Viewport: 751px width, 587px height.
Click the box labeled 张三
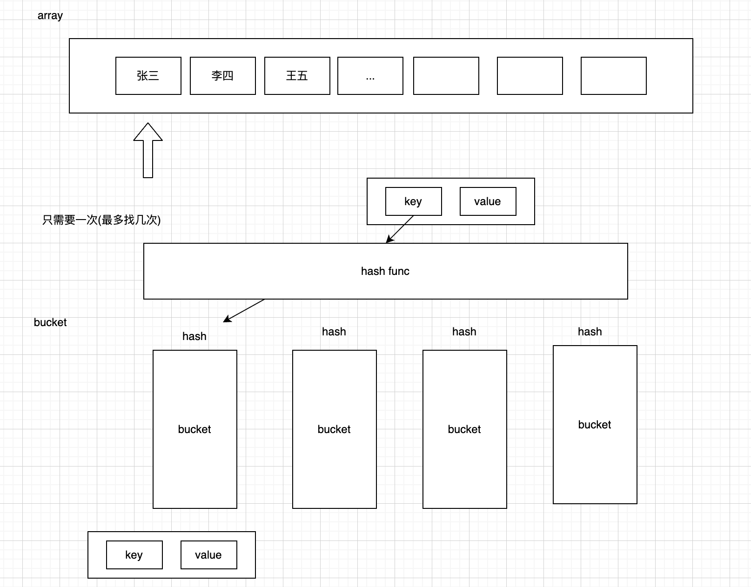click(x=148, y=76)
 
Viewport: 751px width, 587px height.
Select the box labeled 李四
click(x=222, y=76)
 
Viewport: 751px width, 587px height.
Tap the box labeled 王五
click(x=297, y=76)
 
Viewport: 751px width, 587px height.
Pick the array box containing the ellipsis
click(x=370, y=76)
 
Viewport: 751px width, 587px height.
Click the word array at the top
click(x=50, y=15)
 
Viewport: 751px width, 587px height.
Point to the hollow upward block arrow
click(x=148, y=150)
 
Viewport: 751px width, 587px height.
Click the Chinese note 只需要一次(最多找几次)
click(x=101, y=220)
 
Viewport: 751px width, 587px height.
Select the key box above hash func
click(x=413, y=201)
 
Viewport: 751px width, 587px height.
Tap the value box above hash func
click(x=488, y=201)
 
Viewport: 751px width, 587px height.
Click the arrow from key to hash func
click(x=400, y=229)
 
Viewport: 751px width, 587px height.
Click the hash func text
click(x=385, y=271)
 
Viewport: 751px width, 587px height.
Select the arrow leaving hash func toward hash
click(x=244, y=310)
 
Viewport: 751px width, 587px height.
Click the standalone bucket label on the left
click(x=50, y=322)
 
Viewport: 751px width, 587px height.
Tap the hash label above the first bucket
click(x=194, y=336)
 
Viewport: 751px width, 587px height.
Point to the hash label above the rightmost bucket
click(x=590, y=332)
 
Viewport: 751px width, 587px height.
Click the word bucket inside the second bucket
click(x=334, y=429)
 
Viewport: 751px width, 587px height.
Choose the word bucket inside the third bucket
click(x=464, y=429)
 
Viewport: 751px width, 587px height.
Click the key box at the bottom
click(x=134, y=555)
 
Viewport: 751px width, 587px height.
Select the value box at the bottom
click(x=208, y=555)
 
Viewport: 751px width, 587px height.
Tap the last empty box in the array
click(x=613, y=76)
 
